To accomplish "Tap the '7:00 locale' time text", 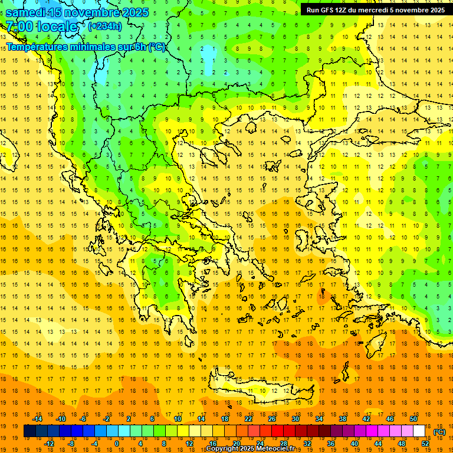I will click(x=41, y=27).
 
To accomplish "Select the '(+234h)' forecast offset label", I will click(x=105, y=26).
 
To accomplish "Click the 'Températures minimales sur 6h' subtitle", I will click(x=86, y=47).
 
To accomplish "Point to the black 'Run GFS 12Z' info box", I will click(x=376, y=10).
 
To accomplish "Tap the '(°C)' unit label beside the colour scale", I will click(x=439, y=432).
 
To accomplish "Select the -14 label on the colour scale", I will click(x=37, y=419).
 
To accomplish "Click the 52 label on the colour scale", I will click(x=425, y=444).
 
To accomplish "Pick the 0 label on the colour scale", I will click(x=117, y=444).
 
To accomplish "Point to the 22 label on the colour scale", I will click(x=248, y=419).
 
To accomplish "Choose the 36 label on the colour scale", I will click(x=331, y=444).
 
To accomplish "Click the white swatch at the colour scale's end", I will click(x=419, y=431).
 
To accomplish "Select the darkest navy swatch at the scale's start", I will click(x=29, y=431).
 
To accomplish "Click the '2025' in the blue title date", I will click(x=132, y=12).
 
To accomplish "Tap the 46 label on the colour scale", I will click(x=390, y=419).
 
